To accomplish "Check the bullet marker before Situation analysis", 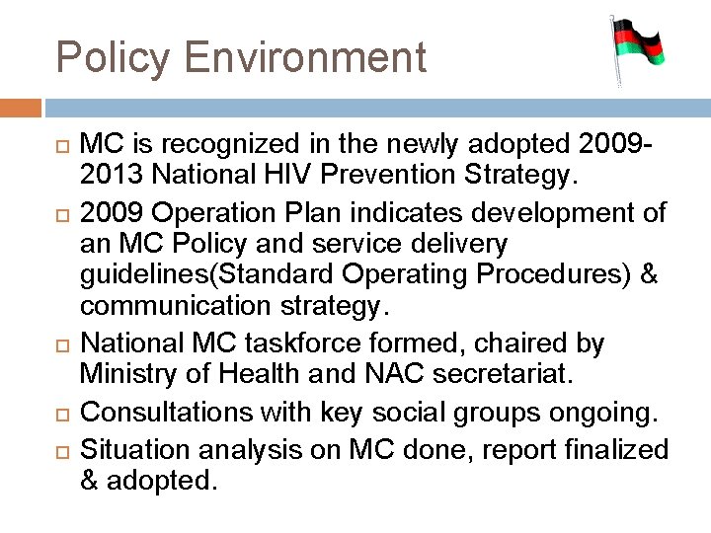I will [x=58, y=451].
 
